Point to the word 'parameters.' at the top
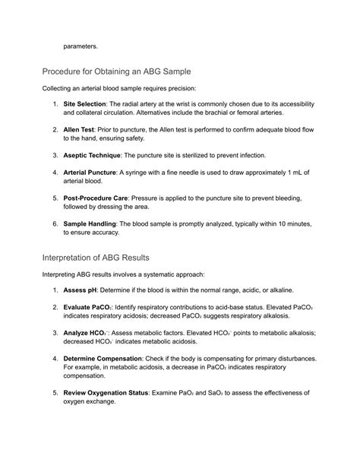[81, 46]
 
